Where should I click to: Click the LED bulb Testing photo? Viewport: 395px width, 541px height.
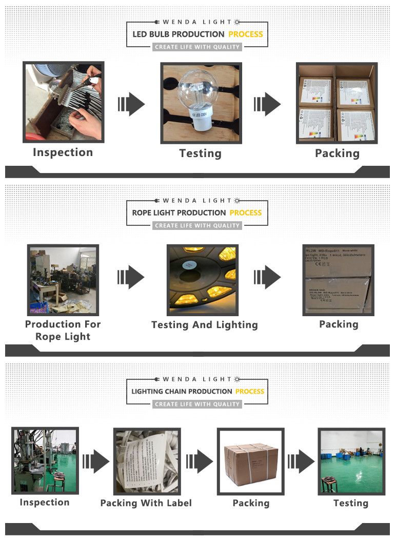(x=201, y=102)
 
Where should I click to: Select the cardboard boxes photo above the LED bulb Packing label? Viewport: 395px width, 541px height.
(x=337, y=103)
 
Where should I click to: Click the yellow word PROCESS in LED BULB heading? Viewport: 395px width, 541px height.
(x=246, y=34)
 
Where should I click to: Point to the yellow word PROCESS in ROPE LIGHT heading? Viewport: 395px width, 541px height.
(x=246, y=212)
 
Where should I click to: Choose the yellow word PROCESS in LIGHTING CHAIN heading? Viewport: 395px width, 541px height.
(x=250, y=391)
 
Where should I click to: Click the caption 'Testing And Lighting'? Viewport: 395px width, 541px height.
(x=204, y=325)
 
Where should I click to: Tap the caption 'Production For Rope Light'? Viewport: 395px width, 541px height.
(x=63, y=330)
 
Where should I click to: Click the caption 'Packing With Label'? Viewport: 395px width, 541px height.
(x=146, y=503)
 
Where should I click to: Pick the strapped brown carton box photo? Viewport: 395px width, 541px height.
(x=251, y=460)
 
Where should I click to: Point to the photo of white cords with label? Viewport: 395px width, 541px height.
(x=146, y=460)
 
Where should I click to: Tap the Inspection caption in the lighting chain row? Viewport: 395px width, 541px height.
(x=45, y=503)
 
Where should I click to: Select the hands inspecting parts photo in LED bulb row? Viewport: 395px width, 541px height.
(x=64, y=102)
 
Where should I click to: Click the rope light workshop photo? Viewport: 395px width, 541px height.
(x=63, y=280)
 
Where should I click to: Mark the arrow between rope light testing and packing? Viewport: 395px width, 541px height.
(x=267, y=278)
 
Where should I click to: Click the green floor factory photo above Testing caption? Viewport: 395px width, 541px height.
(x=351, y=461)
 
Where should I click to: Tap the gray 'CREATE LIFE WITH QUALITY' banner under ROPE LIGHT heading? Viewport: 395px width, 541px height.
(x=197, y=225)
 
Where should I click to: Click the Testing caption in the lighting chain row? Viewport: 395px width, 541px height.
(x=351, y=503)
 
